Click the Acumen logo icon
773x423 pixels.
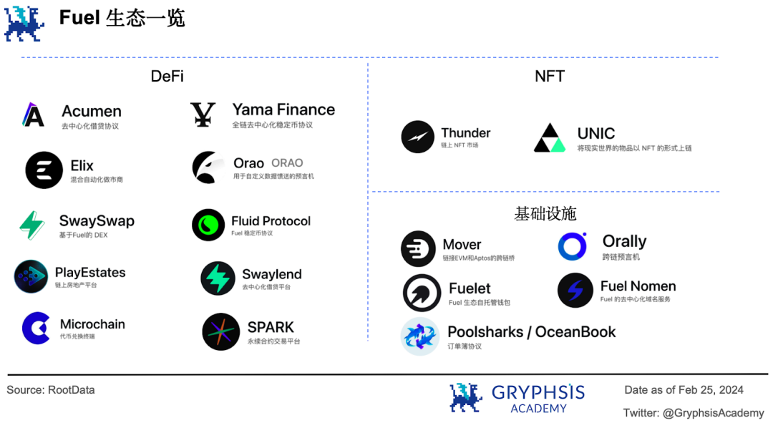(33, 115)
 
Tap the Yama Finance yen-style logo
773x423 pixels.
(203, 115)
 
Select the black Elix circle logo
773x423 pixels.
(44, 170)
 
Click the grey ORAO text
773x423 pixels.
(287, 163)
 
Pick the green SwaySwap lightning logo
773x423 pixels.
(32, 225)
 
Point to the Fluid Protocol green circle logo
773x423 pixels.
(208, 225)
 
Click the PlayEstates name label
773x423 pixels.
(90, 273)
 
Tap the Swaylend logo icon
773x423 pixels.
(218, 278)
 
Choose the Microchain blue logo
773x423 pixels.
(36, 329)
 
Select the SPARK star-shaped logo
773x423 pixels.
(220, 331)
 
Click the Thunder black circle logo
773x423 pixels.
(418, 137)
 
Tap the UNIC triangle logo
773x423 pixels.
(550, 138)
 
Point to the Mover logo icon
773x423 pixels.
(418, 249)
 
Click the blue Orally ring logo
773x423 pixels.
(573, 246)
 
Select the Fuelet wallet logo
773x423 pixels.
(422, 293)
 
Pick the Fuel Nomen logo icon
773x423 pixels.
(575, 291)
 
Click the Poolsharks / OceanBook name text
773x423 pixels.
(531, 332)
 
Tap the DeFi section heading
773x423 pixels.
(167, 77)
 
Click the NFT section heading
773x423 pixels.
(550, 77)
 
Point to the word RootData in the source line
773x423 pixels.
(72, 390)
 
